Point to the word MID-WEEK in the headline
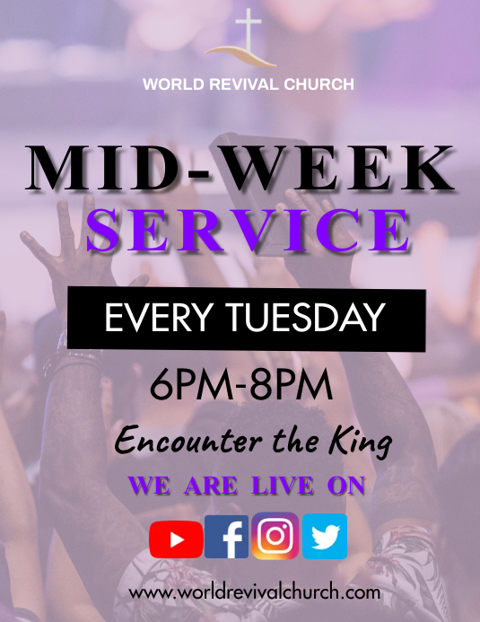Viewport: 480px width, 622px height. coord(240,169)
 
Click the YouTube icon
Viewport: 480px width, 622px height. coord(176,539)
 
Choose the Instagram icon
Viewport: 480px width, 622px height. coord(275,537)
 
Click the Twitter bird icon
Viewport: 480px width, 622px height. coord(324,537)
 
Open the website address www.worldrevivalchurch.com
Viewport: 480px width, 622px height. coord(255,592)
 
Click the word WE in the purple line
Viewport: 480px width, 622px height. coord(150,486)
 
